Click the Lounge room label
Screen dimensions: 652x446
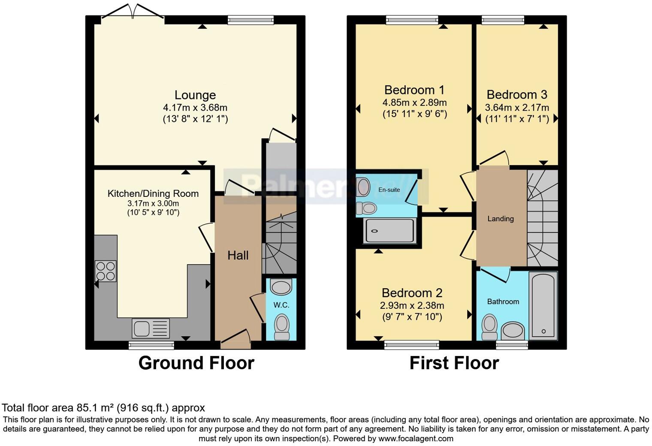point(195,95)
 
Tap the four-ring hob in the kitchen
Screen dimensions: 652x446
point(106,271)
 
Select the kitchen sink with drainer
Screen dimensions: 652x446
point(151,328)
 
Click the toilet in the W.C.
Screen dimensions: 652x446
point(282,326)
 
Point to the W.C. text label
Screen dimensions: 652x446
point(281,305)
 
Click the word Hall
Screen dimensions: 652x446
point(238,256)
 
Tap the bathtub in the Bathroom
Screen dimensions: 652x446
point(543,306)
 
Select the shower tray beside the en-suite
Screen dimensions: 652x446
point(390,231)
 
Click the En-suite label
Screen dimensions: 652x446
point(389,190)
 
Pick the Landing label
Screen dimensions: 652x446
point(501,218)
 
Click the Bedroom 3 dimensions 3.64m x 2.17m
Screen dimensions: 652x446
point(517,108)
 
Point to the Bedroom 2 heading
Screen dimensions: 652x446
point(412,293)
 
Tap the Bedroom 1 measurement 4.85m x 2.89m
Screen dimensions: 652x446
point(415,102)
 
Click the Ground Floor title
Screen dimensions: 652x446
point(196,363)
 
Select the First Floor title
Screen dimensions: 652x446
point(454,363)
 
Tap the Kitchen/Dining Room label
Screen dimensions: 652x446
point(153,193)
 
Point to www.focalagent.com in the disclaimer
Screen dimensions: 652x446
point(416,438)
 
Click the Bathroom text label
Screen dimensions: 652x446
point(503,301)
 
